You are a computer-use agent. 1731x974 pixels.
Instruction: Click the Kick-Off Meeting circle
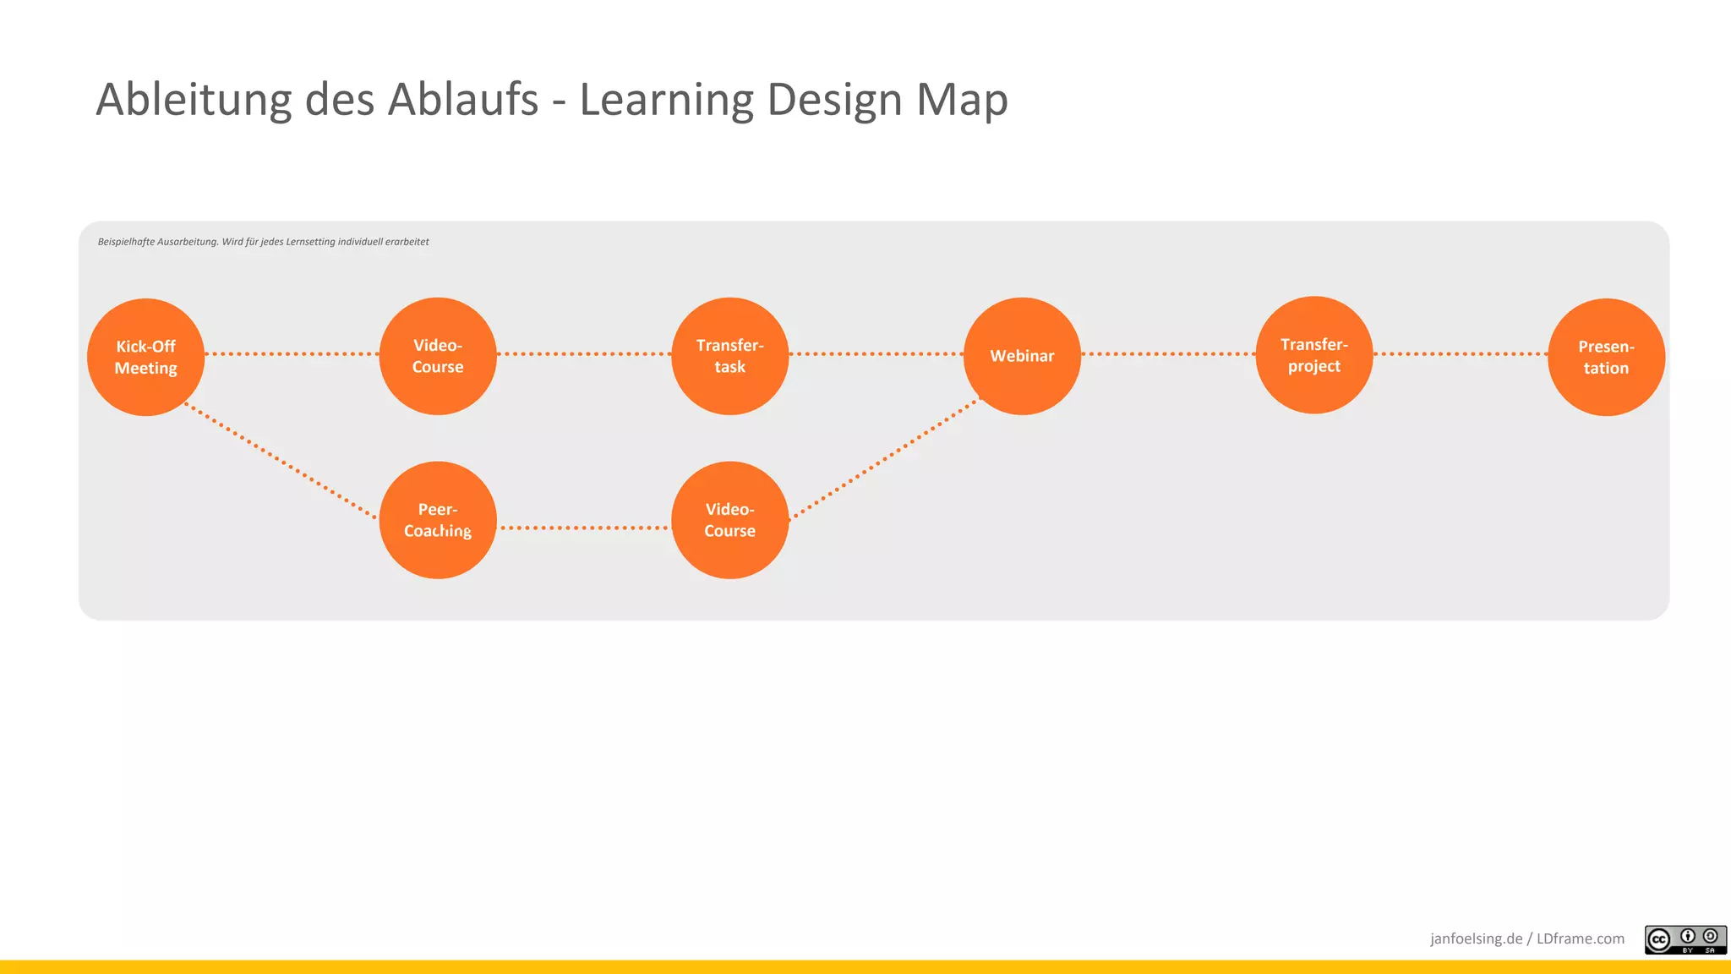pos(145,357)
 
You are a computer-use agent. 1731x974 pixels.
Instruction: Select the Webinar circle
pos(1022,356)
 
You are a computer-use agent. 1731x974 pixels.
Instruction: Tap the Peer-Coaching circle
pos(437,520)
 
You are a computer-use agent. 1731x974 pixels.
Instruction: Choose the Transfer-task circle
pos(729,356)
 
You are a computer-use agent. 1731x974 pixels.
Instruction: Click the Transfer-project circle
pos(1313,355)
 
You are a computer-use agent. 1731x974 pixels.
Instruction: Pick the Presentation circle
pos(1606,357)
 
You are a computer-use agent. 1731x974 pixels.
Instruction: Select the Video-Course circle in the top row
pos(437,356)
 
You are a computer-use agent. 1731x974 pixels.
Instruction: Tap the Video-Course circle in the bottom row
pos(729,520)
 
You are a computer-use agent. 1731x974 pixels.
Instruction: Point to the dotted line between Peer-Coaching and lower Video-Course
pos(583,528)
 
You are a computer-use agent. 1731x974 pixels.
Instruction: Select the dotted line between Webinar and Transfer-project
pos(1168,353)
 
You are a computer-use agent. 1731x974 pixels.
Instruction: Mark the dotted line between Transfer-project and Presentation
pos(1461,353)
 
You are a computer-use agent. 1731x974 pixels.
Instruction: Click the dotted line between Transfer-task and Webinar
pos(876,353)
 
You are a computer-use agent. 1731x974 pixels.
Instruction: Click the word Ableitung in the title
pos(194,100)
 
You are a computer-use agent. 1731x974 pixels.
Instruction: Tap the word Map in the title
pos(962,100)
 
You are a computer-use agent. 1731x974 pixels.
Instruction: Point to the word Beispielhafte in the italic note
pos(126,242)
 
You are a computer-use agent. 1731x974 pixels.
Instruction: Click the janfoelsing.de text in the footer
pos(1476,938)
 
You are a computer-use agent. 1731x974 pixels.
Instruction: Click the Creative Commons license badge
pos(1685,939)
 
